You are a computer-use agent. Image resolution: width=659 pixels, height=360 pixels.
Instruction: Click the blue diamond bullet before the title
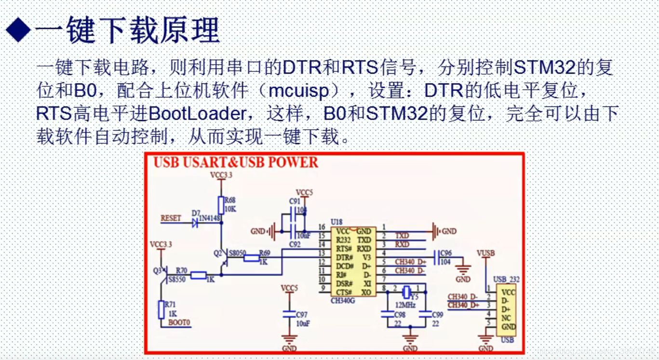18,30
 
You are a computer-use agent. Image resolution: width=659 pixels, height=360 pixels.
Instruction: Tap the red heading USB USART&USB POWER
236,162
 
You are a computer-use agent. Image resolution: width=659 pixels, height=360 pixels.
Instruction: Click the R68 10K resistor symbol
221,205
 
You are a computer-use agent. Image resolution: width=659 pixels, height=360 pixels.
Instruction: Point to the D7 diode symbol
195,223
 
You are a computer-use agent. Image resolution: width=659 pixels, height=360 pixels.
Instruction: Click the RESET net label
171,218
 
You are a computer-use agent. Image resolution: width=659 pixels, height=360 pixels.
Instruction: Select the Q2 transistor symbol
224,260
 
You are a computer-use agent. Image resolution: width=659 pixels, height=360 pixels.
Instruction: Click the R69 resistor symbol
252,258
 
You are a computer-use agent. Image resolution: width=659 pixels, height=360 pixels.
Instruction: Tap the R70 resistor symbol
199,276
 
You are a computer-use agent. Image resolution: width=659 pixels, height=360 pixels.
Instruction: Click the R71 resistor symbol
161,309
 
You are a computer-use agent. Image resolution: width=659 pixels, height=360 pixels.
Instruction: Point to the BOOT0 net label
179,322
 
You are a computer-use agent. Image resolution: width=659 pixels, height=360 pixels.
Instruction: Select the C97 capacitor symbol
289,314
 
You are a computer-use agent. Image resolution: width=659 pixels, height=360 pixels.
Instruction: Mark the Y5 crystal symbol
405,292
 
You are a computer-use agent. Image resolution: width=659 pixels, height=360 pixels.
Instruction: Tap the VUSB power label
485,253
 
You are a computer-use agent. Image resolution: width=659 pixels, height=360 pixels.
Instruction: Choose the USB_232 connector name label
506,280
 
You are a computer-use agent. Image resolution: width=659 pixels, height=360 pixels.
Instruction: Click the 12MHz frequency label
406,305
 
